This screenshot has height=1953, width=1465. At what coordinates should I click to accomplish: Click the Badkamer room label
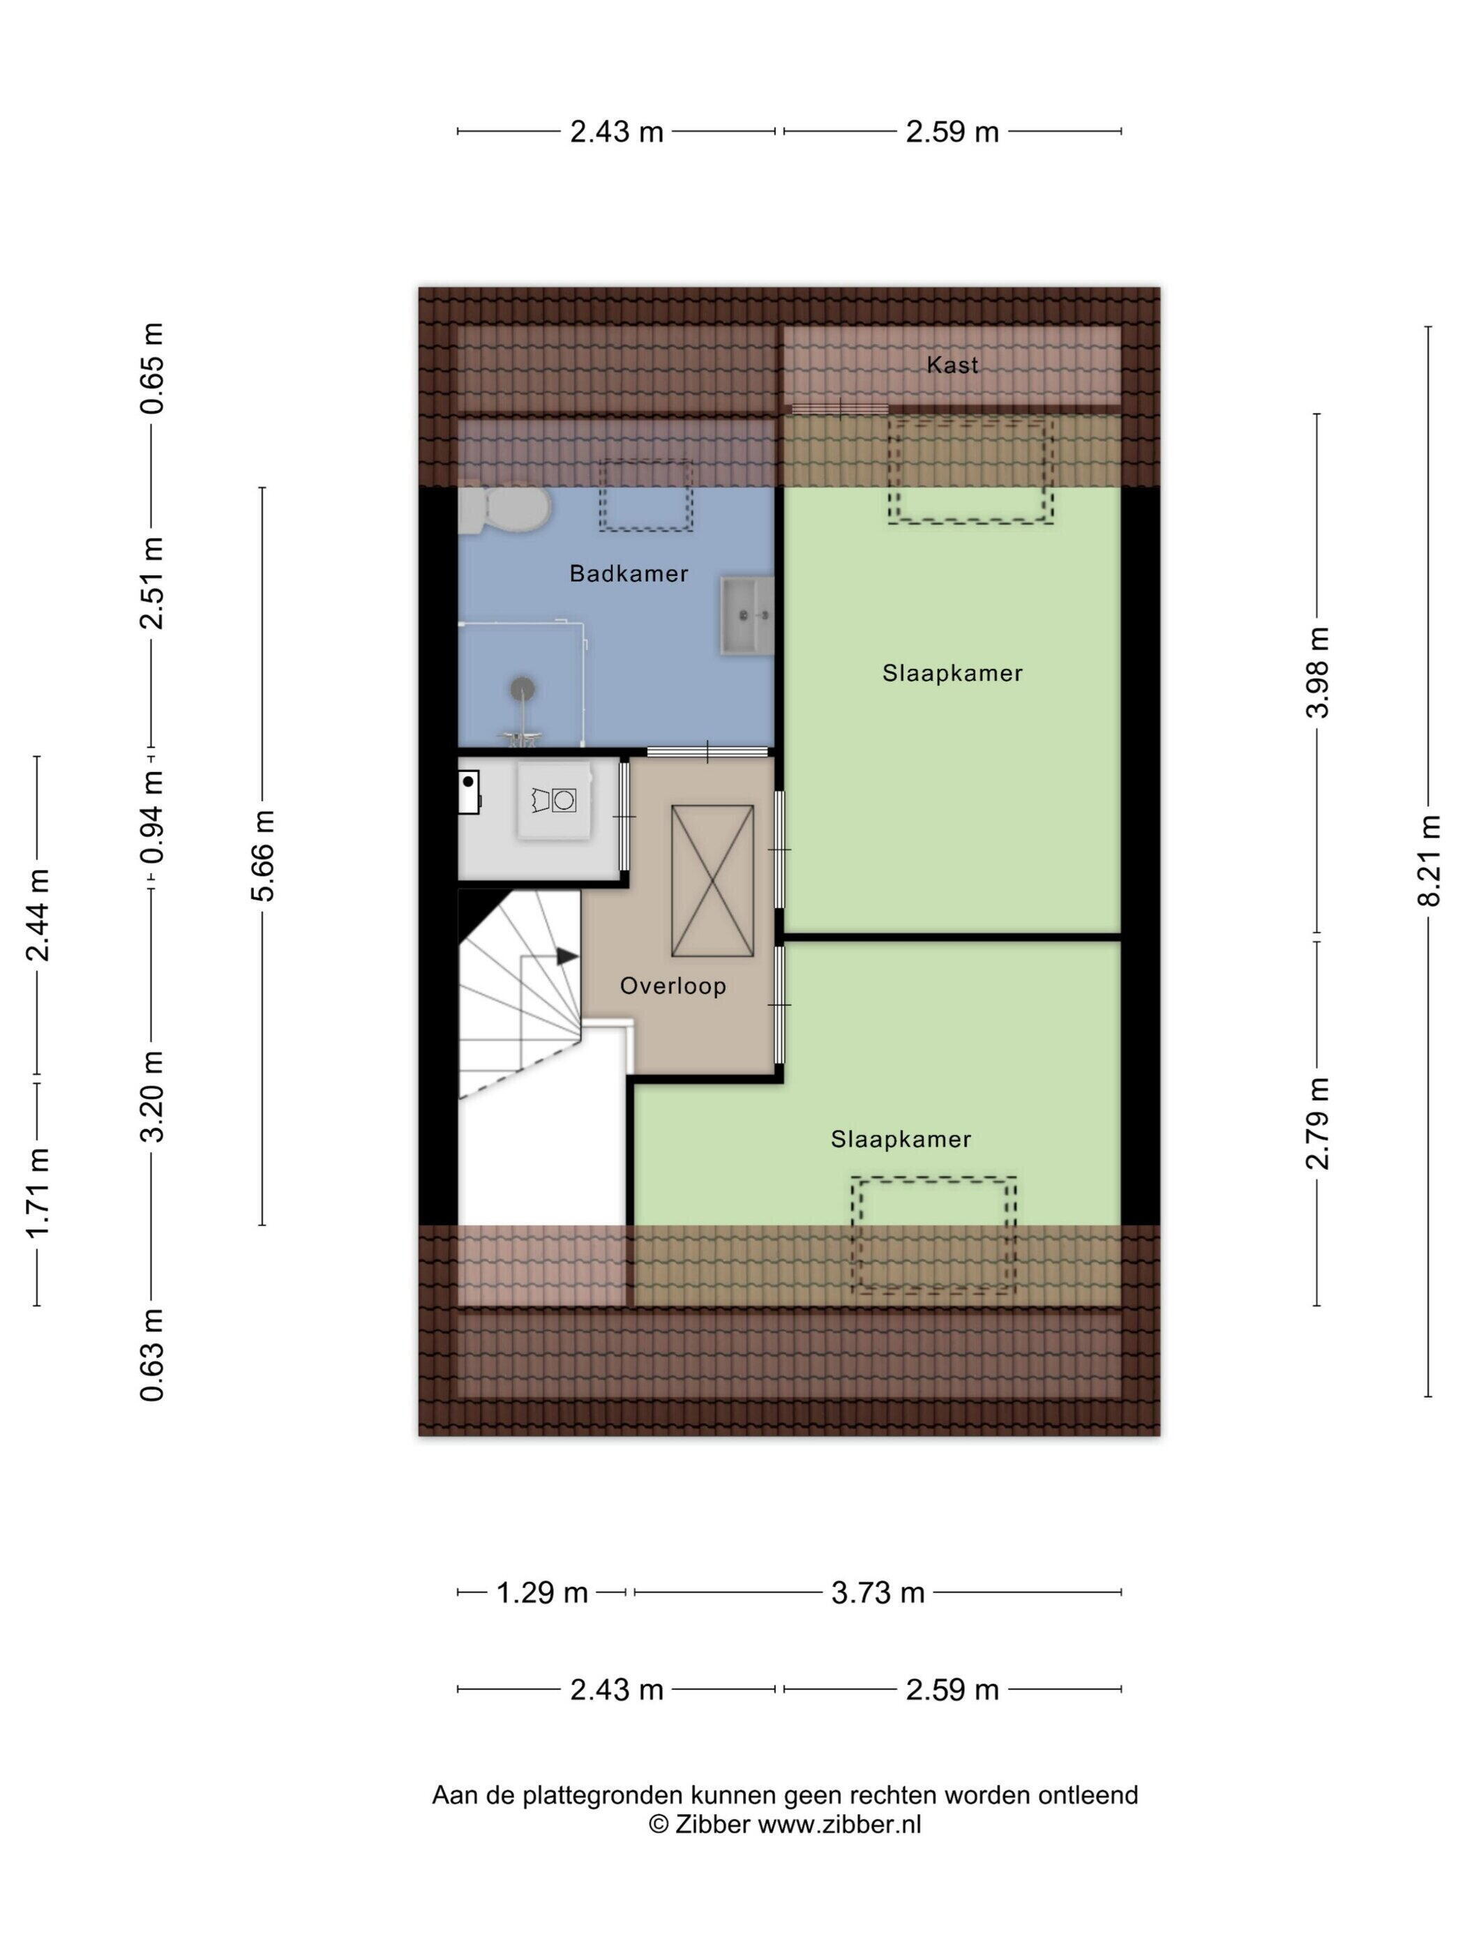[x=628, y=574]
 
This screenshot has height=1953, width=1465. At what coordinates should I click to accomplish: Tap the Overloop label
[x=673, y=986]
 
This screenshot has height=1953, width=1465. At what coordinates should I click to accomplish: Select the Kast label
[x=952, y=365]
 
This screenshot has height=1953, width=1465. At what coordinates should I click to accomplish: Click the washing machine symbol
[x=555, y=801]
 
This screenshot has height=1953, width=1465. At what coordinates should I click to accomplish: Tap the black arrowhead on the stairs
[x=567, y=956]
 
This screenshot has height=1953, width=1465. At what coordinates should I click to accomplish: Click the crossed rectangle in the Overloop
[x=713, y=880]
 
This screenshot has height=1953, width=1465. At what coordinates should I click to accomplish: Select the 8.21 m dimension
[x=1428, y=861]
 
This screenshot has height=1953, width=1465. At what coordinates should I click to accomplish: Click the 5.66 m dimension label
[x=263, y=856]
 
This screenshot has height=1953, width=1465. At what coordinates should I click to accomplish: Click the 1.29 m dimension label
[x=542, y=1593]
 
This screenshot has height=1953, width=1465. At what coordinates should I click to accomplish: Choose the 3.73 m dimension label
[x=878, y=1593]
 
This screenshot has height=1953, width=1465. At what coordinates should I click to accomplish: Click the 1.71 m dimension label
[x=37, y=1193]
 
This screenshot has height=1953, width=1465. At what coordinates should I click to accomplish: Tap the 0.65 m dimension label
[x=152, y=369]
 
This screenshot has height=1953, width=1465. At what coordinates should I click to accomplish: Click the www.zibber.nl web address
[x=840, y=1825]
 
